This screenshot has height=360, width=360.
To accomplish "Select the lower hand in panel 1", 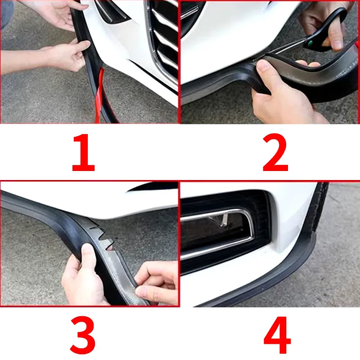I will pos(67,56).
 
